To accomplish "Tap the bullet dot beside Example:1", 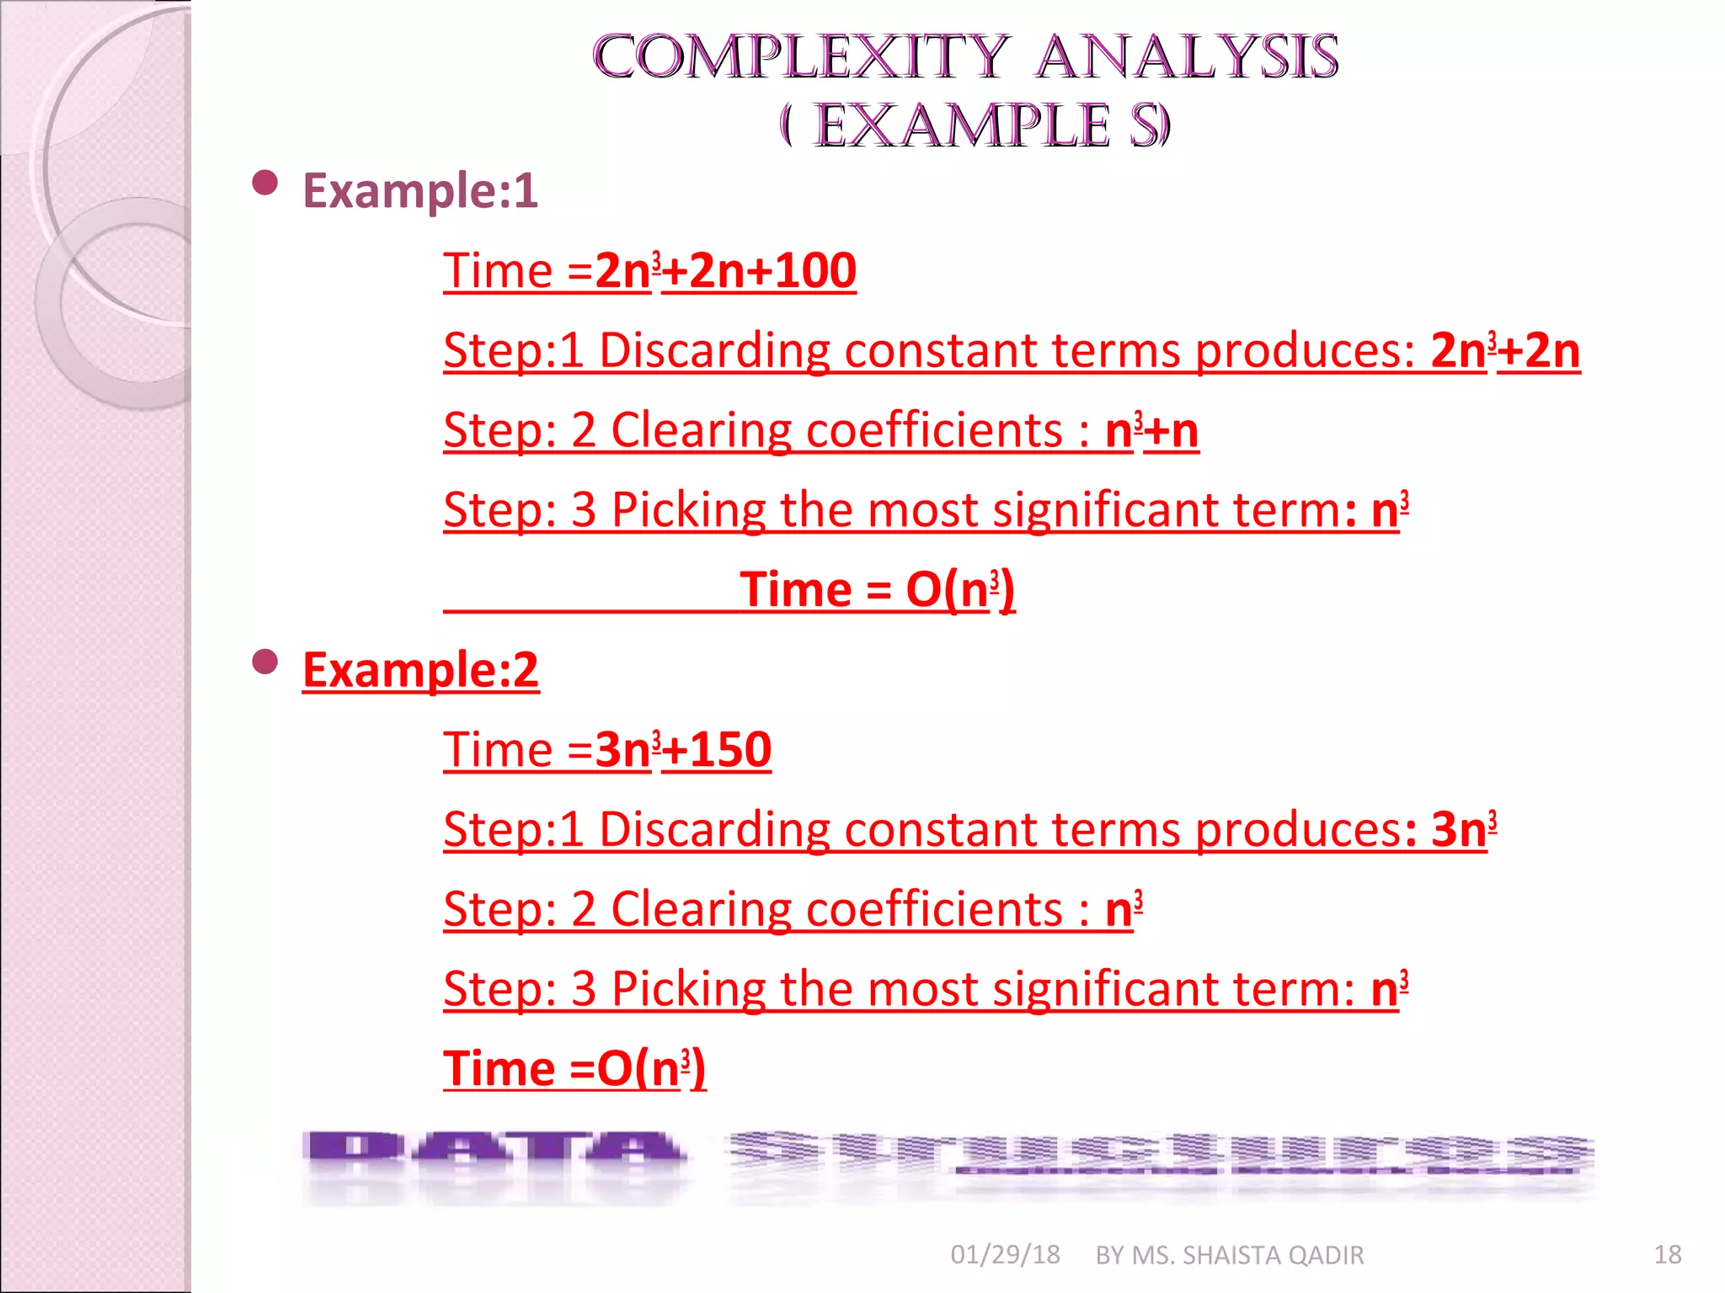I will pyautogui.click(x=265, y=183).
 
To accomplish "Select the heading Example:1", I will pyautogui.click(x=419, y=190).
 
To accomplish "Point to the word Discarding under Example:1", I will pyautogui.click(x=714, y=350).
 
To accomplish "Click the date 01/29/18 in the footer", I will pyautogui.click(x=1005, y=1255).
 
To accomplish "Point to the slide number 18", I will pyautogui.click(x=1667, y=1255).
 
